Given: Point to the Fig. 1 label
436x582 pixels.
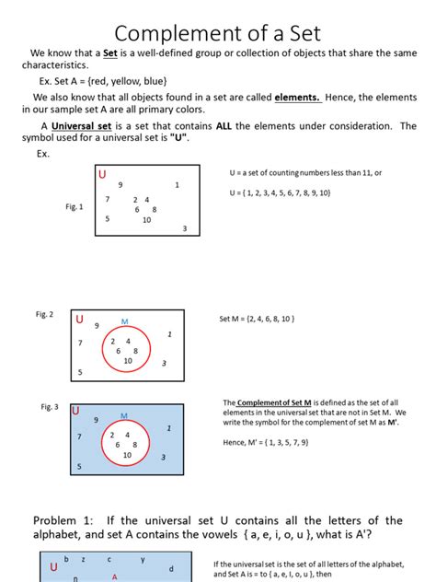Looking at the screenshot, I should click(x=74, y=206).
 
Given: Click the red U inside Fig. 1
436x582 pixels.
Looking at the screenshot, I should click(x=101, y=175).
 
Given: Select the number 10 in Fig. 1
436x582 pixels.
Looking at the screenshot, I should click(x=146, y=220).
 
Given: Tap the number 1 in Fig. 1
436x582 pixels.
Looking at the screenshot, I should click(x=177, y=185).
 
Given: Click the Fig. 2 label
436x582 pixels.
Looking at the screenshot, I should click(x=44, y=314).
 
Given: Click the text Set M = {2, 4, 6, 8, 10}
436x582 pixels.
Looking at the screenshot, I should click(x=256, y=319).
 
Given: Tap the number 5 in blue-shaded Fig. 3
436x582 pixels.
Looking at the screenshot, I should click(x=79, y=467).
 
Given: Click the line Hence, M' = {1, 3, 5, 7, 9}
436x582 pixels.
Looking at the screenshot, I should click(x=270, y=442).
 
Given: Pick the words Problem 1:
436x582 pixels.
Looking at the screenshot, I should click(x=64, y=521).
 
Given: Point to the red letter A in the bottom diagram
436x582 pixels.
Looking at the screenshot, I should click(x=114, y=577).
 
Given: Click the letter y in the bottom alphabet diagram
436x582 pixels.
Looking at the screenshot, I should click(x=143, y=559).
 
